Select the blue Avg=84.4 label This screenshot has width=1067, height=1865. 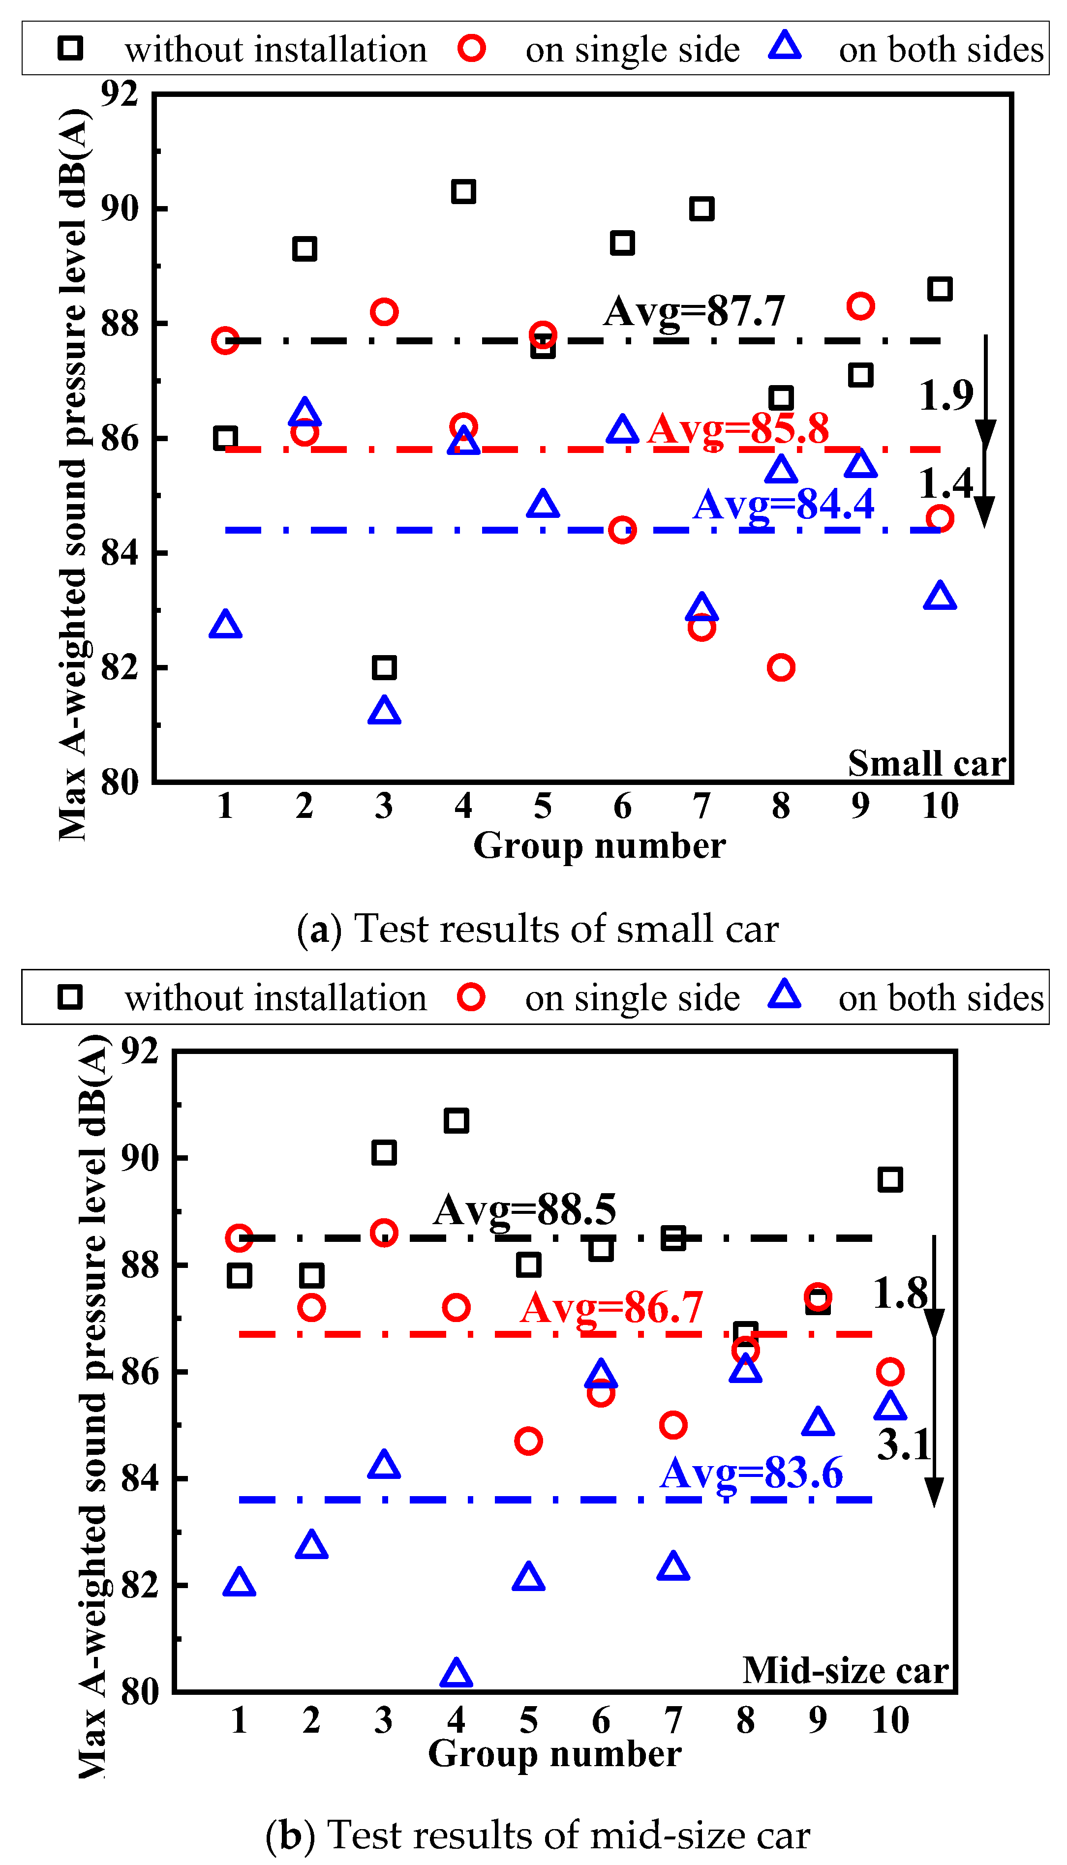click(783, 504)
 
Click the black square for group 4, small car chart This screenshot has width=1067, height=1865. click(463, 192)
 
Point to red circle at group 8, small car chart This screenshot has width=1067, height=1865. click(781, 667)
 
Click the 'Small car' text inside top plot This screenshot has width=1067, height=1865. click(926, 763)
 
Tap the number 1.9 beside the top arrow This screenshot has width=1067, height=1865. click(945, 395)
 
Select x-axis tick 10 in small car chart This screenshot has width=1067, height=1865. click(940, 806)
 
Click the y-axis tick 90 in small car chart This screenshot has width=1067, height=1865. click(120, 209)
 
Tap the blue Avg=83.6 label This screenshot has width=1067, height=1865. click(751, 1473)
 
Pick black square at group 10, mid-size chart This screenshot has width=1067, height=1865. click(889, 1179)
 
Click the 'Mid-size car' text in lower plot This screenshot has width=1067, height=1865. click(845, 1671)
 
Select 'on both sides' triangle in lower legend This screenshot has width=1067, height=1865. click(784, 994)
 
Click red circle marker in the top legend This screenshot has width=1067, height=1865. click(471, 48)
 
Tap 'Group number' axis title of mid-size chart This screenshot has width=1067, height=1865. click(555, 1754)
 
